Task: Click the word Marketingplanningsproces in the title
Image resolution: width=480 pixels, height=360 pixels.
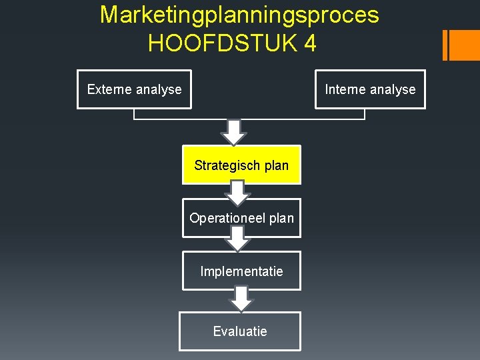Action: [x=239, y=15]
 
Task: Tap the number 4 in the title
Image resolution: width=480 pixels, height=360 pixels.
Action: [x=309, y=44]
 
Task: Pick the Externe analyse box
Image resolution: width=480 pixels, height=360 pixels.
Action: [x=134, y=89]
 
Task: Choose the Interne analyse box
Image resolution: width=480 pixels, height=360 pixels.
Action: [x=370, y=89]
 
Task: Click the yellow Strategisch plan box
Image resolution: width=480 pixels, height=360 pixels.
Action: [x=241, y=165]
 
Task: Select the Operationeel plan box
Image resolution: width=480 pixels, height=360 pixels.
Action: [x=241, y=218]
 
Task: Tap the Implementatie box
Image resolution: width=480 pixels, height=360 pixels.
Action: [x=241, y=271]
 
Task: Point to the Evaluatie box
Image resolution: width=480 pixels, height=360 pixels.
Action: [x=240, y=331]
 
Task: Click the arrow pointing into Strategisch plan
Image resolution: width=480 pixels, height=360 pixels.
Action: [x=233, y=133]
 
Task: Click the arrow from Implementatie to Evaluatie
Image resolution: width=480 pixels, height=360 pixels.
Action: [x=241, y=298]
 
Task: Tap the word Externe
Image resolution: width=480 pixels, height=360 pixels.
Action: [x=110, y=89]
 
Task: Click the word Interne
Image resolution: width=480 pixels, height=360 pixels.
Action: [x=346, y=89]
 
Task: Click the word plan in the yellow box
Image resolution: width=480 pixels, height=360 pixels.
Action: [x=276, y=165]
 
